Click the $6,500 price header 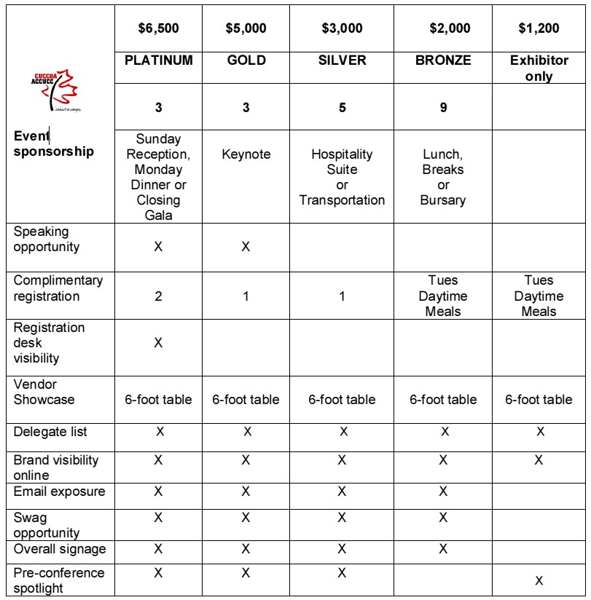click(x=158, y=28)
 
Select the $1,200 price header click(x=539, y=28)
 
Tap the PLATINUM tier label click(x=158, y=60)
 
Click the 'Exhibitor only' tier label click(x=539, y=68)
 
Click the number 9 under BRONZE click(x=443, y=108)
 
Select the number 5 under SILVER click(x=342, y=108)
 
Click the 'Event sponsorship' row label click(x=54, y=143)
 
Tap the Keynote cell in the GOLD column click(x=246, y=154)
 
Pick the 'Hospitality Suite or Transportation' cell click(x=342, y=177)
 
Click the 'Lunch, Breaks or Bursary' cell click(x=443, y=177)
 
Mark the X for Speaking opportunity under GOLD click(x=246, y=247)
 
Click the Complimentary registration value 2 click(x=158, y=296)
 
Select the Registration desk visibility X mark click(x=158, y=342)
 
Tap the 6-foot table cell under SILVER click(x=342, y=399)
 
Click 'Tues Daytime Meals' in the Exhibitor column click(x=539, y=296)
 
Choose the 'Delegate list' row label click(x=50, y=432)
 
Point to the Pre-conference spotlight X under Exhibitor click(x=539, y=580)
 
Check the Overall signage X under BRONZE click(x=443, y=549)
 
